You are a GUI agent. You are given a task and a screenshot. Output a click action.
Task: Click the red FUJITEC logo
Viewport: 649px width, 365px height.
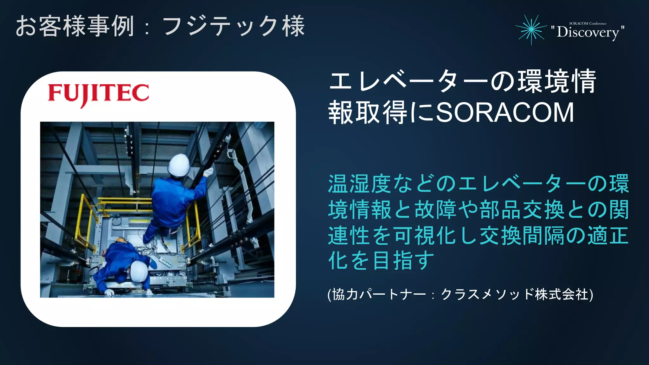pyautogui.click(x=98, y=94)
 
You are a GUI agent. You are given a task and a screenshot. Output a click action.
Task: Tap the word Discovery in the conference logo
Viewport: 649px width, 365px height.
pyautogui.click(x=588, y=32)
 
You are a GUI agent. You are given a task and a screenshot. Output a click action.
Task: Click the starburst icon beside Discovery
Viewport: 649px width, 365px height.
pyautogui.click(x=531, y=29)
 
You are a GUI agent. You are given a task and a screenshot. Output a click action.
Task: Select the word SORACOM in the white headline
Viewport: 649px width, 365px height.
pyautogui.click(x=505, y=112)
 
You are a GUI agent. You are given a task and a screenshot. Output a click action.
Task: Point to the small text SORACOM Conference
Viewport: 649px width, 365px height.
pyautogui.click(x=588, y=23)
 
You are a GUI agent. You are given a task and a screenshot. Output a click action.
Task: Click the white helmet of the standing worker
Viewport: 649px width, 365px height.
pyautogui.click(x=178, y=165)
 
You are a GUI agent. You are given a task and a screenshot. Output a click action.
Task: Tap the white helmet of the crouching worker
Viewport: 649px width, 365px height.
pyautogui.click(x=139, y=271)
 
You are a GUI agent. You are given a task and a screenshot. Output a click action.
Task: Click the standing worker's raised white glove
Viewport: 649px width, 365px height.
pyautogui.click(x=208, y=172)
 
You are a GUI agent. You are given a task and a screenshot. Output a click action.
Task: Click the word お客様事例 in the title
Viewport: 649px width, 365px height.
pyautogui.click(x=75, y=27)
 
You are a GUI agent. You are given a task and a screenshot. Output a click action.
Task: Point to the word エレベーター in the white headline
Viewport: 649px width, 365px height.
pyautogui.click(x=409, y=82)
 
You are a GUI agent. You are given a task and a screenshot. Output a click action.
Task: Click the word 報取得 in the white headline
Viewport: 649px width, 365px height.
pyautogui.click(x=368, y=112)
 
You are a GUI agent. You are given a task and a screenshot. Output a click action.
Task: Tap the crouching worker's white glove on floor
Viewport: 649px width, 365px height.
pyautogui.click(x=109, y=292)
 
